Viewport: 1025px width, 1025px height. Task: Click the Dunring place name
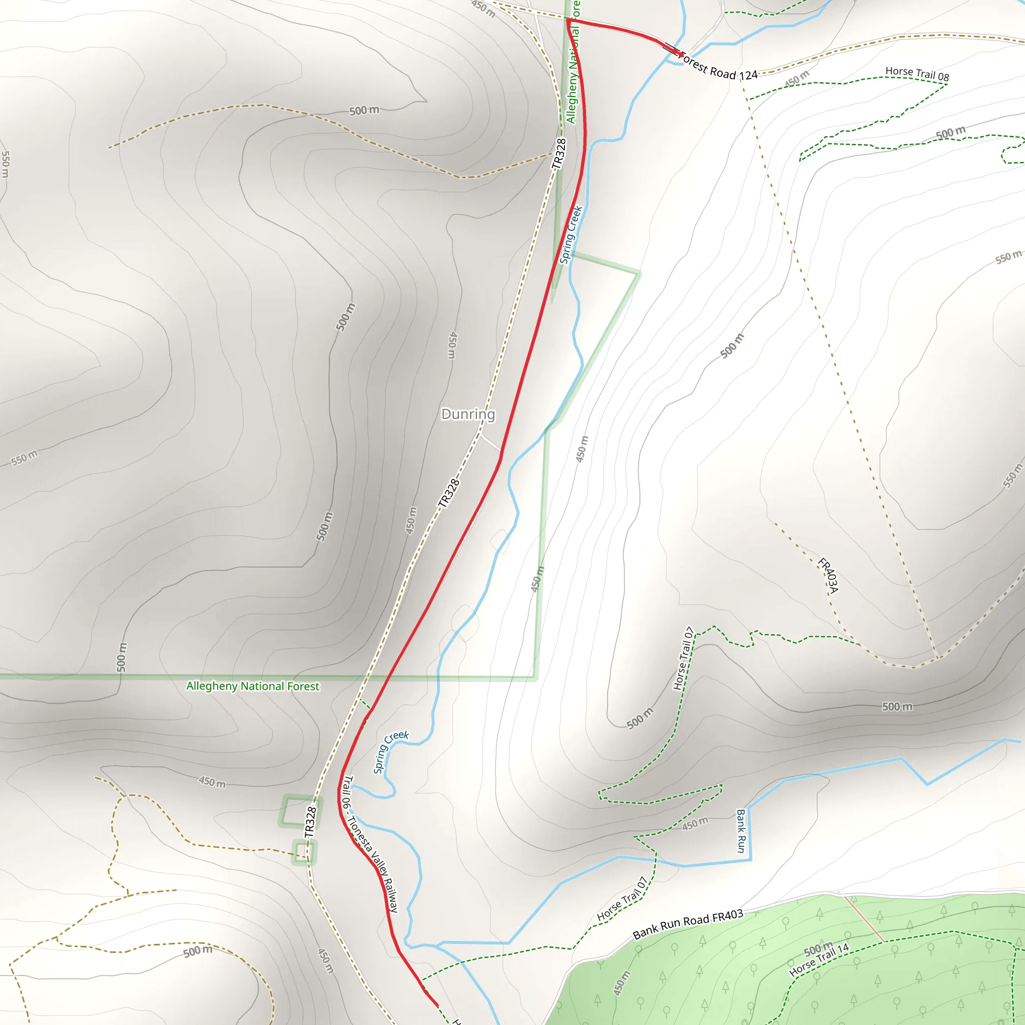[468, 414]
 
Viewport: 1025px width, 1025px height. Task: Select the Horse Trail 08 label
[917, 73]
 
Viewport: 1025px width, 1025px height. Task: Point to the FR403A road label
[828, 576]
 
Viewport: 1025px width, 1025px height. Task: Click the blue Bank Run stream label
[741, 830]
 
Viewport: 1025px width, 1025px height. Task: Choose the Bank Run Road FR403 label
[688, 924]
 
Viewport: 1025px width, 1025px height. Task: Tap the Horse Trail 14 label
[819, 960]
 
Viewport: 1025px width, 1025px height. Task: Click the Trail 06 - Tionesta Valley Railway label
[370, 845]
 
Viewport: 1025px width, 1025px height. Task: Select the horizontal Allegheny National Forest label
[253, 686]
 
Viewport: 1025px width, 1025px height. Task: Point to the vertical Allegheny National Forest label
[573, 64]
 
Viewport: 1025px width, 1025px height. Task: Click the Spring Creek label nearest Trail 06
[390, 751]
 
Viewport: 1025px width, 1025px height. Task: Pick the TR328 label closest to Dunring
[448, 493]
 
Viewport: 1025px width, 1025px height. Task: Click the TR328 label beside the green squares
[311, 822]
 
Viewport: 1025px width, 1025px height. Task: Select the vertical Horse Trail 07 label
[683, 658]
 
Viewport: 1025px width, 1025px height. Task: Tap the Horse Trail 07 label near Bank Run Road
[622, 899]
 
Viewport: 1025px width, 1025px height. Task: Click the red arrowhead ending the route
[681, 54]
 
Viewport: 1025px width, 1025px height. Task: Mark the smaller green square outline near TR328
[304, 852]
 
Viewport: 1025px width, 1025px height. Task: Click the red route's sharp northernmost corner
[568, 20]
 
